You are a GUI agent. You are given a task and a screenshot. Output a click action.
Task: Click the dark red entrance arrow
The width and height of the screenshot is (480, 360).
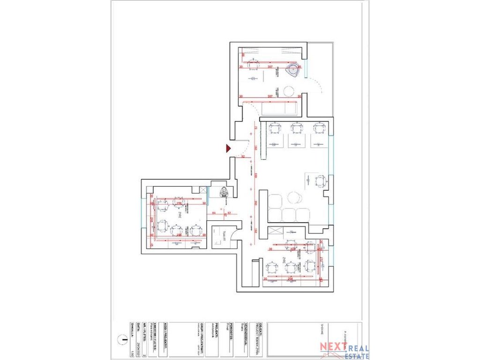tap(228, 149)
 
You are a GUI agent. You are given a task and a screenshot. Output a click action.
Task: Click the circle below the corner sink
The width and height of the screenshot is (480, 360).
tap(288, 90)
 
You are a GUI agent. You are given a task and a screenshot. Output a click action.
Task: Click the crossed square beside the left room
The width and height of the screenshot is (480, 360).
tap(202, 190)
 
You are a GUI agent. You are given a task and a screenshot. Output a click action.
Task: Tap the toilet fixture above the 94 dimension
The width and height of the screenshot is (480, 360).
tap(222, 192)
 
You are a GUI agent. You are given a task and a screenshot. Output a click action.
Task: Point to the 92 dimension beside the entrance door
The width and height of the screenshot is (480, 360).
tap(243, 157)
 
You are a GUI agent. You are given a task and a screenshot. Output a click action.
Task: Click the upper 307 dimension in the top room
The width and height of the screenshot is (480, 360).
tap(270, 67)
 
